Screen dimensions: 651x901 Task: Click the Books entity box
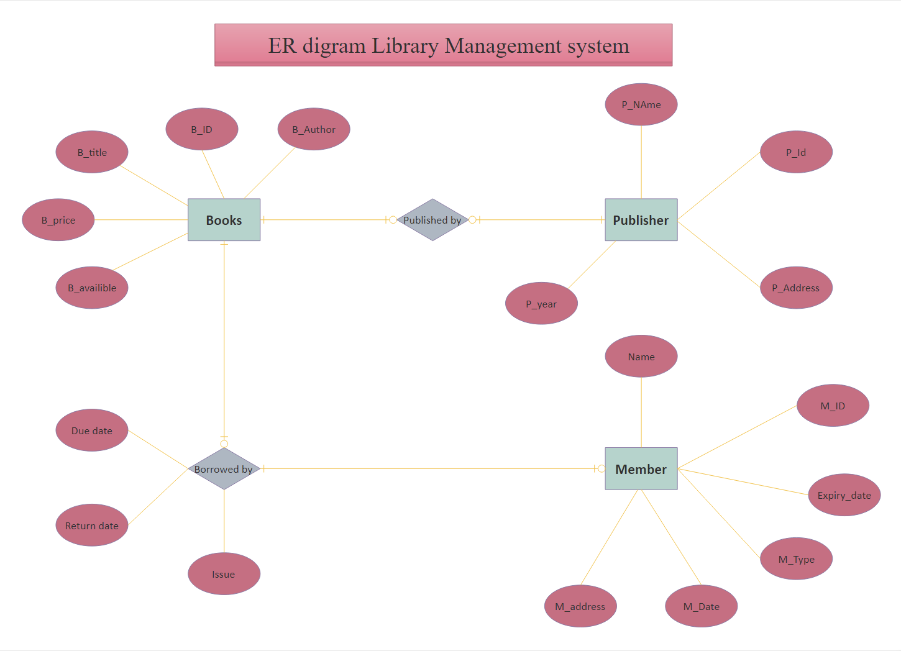click(x=224, y=220)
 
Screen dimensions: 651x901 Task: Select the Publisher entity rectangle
click(x=641, y=220)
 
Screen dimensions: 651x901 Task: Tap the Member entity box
click(x=641, y=469)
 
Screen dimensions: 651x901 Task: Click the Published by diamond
click(x=432, y=220)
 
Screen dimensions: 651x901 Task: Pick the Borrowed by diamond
click(x=224, y=469)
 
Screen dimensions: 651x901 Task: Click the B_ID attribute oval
click(x=201, y=129)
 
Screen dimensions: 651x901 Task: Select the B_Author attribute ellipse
click(x=314, y=129)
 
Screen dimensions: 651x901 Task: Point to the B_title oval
click(x=92, y=152)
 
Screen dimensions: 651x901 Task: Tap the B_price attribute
click(x=58, y=220)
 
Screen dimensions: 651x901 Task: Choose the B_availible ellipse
click(x=92, y=288)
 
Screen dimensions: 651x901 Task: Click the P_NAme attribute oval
click(x=641, y=104)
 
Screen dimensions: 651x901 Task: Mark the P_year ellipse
click(x=541, y=304)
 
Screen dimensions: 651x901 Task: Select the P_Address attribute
click(x=795, y=288)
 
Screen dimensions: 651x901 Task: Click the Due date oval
click(x=92, y=430)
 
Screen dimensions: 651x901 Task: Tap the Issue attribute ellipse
click(x=224, y=574)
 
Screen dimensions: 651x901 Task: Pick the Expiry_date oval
click(x=844, y=495)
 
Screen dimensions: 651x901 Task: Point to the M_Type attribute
click(x=796, y=559)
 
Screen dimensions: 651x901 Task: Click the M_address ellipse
click(x=580, y=606)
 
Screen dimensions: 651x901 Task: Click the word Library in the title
click(x=405, y=45)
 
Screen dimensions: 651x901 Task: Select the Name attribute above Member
click(x=641, y=357)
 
